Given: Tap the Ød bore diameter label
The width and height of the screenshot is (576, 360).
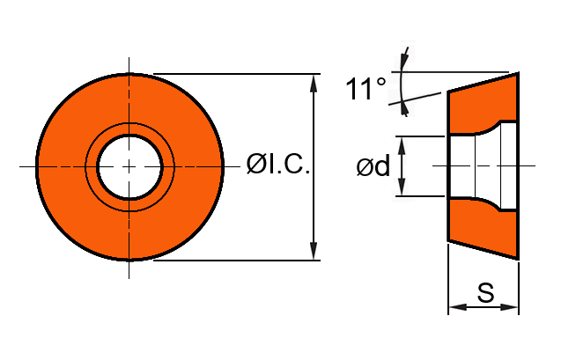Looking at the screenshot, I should tap(373, 166).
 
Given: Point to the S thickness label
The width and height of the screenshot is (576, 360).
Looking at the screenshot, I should tap(484, 293).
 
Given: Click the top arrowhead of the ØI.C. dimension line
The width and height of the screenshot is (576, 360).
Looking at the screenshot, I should tap(314, 82).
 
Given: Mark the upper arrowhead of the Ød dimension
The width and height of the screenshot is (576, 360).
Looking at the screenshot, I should tap(402, 143).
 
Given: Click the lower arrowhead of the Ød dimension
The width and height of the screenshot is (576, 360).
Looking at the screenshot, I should tap(402, 189).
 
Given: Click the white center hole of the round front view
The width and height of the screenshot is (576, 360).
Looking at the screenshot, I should tap(129, 166).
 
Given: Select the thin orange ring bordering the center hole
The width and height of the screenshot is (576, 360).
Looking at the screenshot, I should tap(129, 129).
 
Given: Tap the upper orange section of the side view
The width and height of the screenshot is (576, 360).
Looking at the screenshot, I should tap(480, 106).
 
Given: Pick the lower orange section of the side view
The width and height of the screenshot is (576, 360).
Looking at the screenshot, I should tap(480, 227).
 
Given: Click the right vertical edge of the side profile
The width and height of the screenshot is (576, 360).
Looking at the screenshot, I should tap(518, 166).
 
